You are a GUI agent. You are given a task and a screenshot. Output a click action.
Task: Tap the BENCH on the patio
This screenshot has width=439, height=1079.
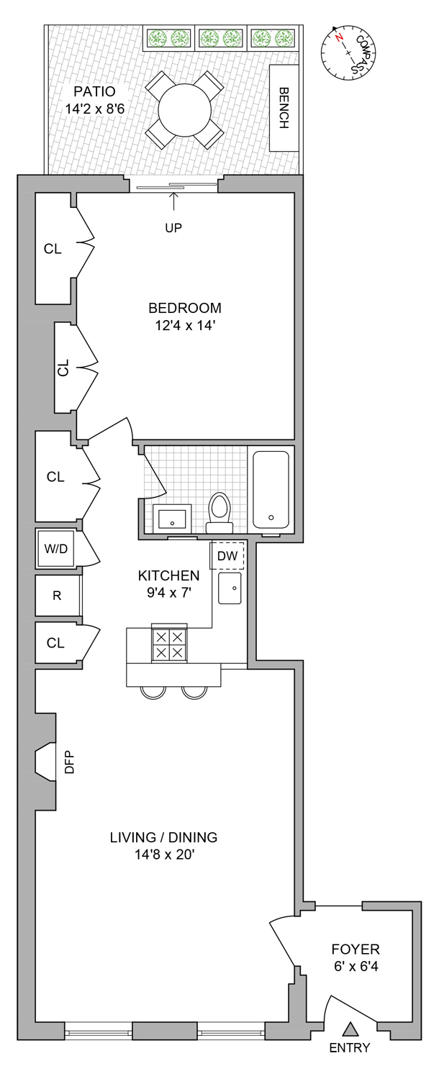tap(284, 108)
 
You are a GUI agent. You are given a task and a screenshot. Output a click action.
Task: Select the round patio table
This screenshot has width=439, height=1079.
tap(185, 110)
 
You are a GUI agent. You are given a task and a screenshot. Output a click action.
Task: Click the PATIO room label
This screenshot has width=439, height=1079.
tap(94, 92)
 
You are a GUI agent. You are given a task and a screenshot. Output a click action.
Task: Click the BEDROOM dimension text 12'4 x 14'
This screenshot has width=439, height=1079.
tap(185, 325)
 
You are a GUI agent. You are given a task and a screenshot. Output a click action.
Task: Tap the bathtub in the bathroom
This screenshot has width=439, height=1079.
tap(271, 489)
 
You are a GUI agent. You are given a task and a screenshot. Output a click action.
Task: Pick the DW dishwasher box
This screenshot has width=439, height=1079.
tap(227, 555)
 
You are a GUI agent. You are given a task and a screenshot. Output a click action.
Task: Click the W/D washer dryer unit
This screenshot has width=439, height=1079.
tap(55, 549)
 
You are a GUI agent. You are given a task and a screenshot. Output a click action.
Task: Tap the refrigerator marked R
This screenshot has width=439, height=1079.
tap(56, 596)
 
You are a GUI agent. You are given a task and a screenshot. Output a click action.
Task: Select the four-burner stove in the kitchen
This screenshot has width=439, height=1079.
tap(169, 644)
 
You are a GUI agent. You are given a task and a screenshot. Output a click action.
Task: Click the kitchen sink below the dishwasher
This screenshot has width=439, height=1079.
tap(230, 589)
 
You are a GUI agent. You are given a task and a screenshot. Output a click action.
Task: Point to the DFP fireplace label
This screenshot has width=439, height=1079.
tap(70, 762)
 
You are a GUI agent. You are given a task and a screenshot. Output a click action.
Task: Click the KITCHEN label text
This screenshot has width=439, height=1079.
tap(168, 575)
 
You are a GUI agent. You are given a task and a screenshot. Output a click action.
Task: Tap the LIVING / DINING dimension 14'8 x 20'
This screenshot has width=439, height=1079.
tap(163, 855)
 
